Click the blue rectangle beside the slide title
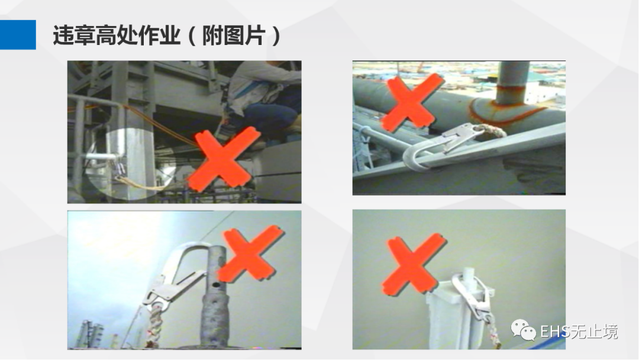[x=18, y=35]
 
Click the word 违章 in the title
[x=74, y=35]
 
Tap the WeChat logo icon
[x=523, y=330]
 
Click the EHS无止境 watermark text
[x=579, y=332]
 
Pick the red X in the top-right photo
[x=412, y=102]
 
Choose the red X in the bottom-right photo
[x=413, y=265]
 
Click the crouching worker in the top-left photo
[x=261, y=102]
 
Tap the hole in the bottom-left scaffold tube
[x=216, y=284]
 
